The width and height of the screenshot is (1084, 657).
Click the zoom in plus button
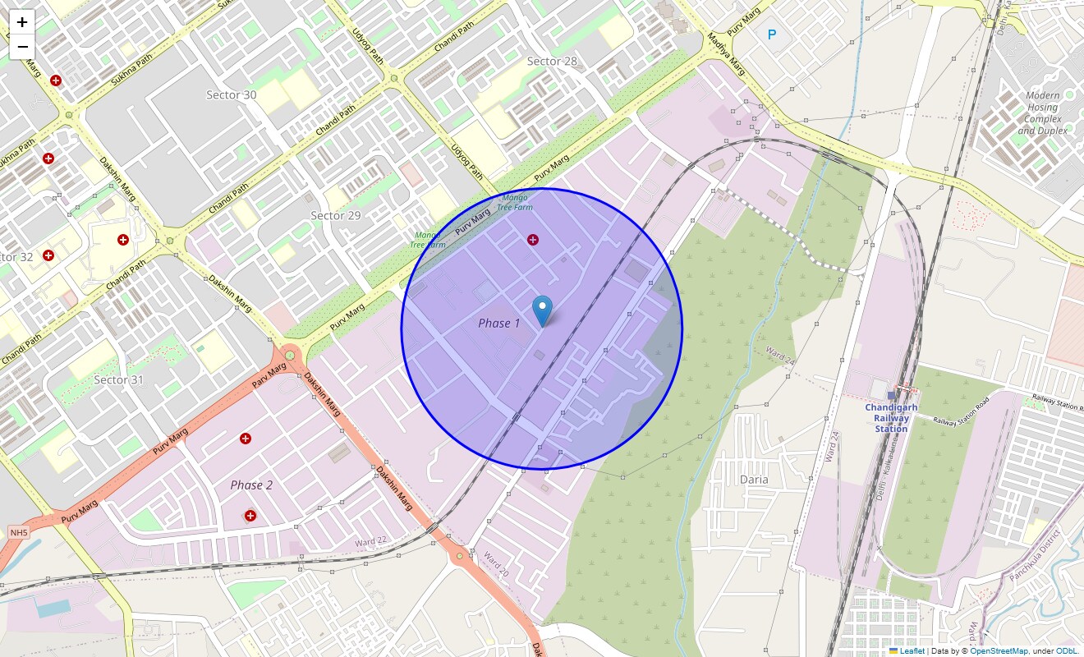tap(22, 22)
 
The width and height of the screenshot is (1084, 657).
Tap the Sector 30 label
tap(231, 95)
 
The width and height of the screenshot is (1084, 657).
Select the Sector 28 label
tap(552, 62)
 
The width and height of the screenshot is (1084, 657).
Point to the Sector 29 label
tap(335, 215)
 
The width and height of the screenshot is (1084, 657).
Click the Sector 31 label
tap(118, 379)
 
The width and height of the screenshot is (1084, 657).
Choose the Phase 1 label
tap(499, 324)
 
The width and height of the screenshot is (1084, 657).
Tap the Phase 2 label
tap(251, 485)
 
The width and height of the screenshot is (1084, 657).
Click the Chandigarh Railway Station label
tap(891, 417)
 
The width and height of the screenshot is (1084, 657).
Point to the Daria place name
tap(754, 480)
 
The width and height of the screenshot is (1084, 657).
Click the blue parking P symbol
tap(771, 34)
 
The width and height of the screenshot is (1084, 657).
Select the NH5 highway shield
tap(18, 533)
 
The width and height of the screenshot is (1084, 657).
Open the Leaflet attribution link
tap(912, 651)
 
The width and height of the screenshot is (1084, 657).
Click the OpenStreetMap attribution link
tap(998, 651)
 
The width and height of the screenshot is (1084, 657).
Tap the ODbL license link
tap(1067, 651)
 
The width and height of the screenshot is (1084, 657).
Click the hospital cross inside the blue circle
tap(533, 240)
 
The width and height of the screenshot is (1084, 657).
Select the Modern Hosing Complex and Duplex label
tap(1042, 113)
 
